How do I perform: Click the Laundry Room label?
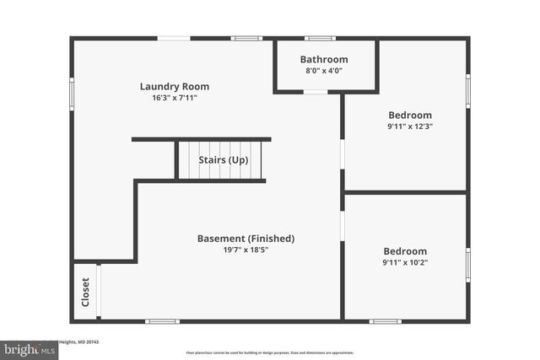click(174, 86)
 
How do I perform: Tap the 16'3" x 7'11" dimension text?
click(174, 98)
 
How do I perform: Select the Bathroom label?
click(324, 59)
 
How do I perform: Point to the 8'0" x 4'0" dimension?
click(324, 71)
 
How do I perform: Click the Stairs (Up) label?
click(223, 159)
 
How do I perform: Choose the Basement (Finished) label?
click(246, 239)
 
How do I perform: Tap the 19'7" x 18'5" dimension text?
click(246, 250)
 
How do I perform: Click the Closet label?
click(85, 292)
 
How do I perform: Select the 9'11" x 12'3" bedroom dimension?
click(409, 127)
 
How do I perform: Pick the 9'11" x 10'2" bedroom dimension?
click(405, 263)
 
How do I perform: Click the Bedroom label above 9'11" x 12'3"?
click(409, 116)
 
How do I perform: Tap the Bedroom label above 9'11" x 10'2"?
click(405, 251)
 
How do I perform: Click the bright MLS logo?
click(29, 348)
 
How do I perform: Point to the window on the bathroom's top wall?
click(320, 38)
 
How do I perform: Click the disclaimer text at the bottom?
click(270, 352)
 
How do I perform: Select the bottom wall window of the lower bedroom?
click(385, 320)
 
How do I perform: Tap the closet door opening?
click(98, 292)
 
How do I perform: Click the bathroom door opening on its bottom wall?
click(315, 92)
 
